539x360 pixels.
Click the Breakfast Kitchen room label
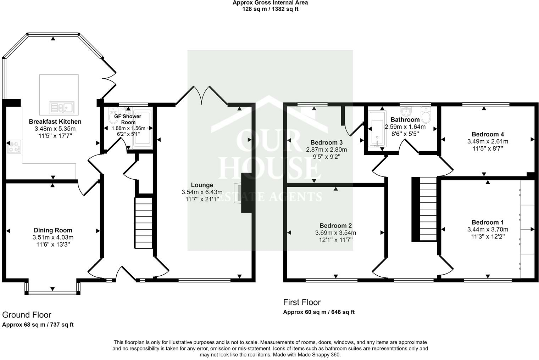pyautogui.click(x=55, y=122)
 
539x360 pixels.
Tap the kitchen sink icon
pyautogui.click(x=61, y=107)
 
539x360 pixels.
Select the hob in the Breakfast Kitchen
pyautogui.click(x=14, y=147)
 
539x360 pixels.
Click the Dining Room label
pyautogui.click(x=53, y=230)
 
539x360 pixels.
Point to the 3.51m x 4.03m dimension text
pyautogui.click(x=53, y=237)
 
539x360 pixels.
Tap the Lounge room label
pyautogui.click(x=202, y=185)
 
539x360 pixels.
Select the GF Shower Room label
pyautogui.click(x=128, y=119)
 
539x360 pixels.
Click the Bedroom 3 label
pyautogui.click(x=326, y=142)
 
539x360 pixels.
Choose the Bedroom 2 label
pyautogui.click(x=335, y=226)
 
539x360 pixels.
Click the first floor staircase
pyautogui.click(x=428, y=209)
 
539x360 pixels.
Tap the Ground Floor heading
pyautogui.click(x=27, y=315)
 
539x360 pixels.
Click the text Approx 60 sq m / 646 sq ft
pyautogui.click(x=319, y=312)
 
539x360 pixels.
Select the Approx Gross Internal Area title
pyautogui.click(x=270, y=3)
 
